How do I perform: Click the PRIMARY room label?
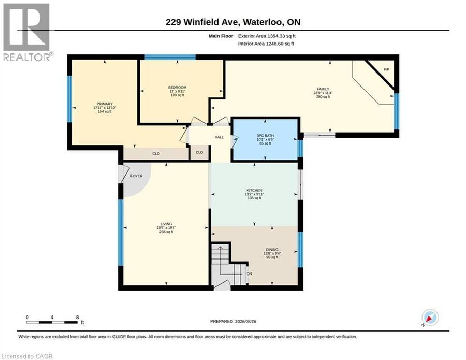tap(105, 104)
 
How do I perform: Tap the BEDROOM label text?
tap(178, 87)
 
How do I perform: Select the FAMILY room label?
tap(323, 89)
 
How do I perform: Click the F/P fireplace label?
tap(387, 69)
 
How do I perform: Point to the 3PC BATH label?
tap(265, 136)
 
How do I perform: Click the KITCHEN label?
tap(254, 190)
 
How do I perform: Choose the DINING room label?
tap(272, 250)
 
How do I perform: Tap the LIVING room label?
tap(166, 224)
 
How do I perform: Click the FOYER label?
tap(136, 176)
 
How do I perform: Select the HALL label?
tap(220, 137)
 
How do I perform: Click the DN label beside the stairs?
tap(250, 274)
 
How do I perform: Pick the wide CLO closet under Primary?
tap(156, 154)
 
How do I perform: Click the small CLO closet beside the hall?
tap(199, 152)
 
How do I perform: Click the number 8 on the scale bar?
tap(77, 317)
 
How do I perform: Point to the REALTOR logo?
tap(27, 32)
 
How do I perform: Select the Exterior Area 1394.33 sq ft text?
tap(267, 36)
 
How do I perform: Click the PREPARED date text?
tap(233, 321)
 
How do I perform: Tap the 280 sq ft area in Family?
tap(323, 97)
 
